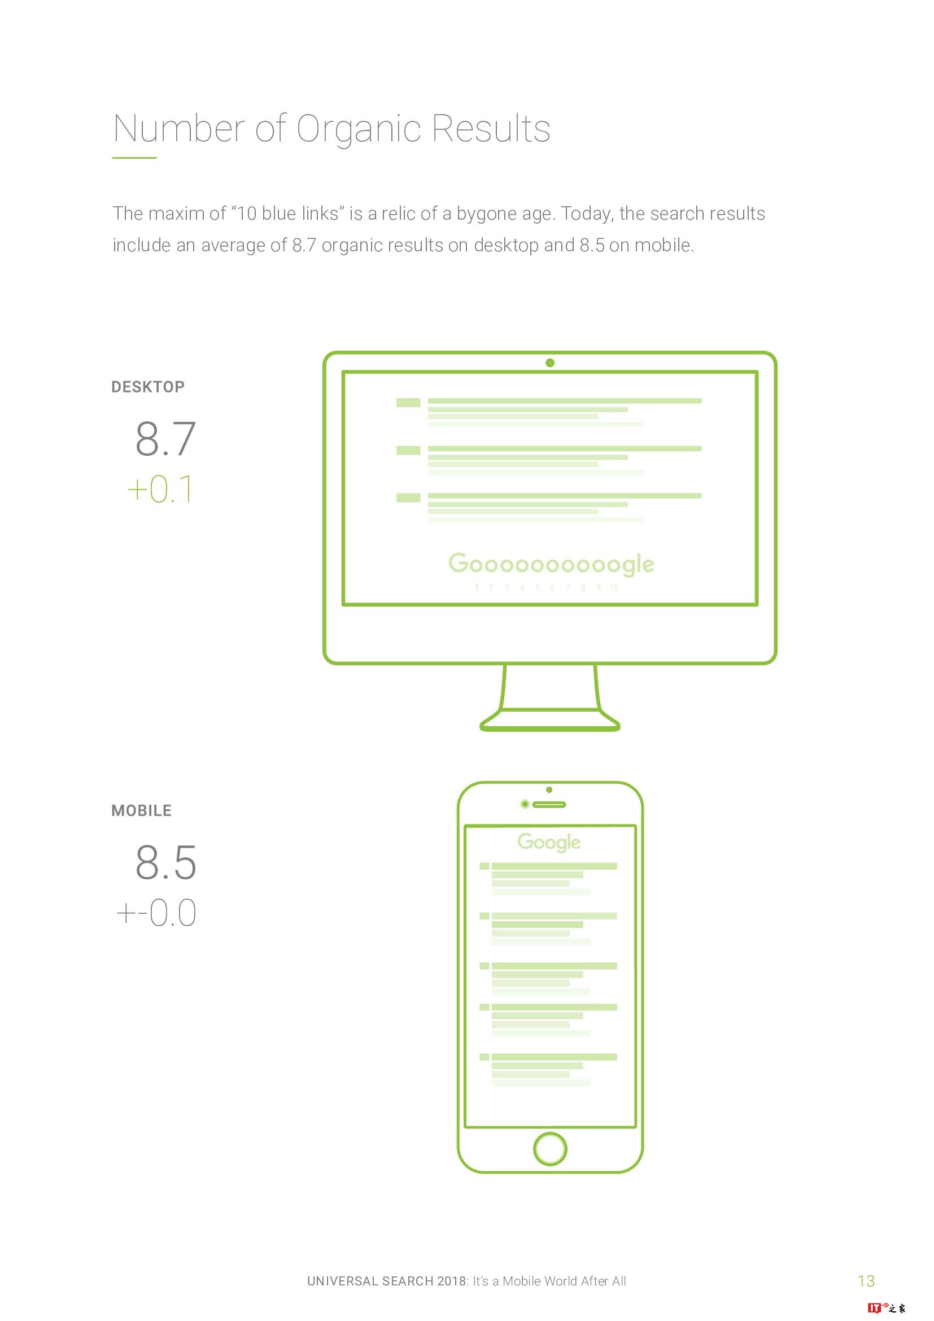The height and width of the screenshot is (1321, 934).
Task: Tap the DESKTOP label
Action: [x=148, y=387]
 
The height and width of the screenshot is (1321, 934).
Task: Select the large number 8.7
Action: [x=165, y=438]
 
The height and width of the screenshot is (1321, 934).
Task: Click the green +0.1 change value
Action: [x=160, y=489]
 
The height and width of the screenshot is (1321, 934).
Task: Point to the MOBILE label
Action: [x=142, y=810]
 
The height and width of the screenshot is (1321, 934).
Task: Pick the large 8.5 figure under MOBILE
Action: [x=165, y=862]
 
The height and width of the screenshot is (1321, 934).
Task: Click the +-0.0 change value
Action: [x=156, y=913]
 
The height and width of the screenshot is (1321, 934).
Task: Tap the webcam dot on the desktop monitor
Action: [x=550, y=363]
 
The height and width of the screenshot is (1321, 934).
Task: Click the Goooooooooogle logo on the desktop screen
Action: [x=551, y=564]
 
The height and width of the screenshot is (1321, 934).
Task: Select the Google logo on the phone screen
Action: [x=549, y=842]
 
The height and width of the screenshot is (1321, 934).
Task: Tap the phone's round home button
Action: [x=551, y=1148]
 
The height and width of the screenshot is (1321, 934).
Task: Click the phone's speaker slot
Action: [x=549, y=804]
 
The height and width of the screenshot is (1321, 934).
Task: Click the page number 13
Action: [x=866, y=1281]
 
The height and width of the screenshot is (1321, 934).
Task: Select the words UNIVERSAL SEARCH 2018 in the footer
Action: [x=387, y=1281]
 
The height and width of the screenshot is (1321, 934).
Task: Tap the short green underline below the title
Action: [x=134, y=158]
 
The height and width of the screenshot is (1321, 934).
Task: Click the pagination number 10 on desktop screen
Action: [x=614, y=587]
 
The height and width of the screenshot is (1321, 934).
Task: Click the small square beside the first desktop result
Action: [x=408, y=403]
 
